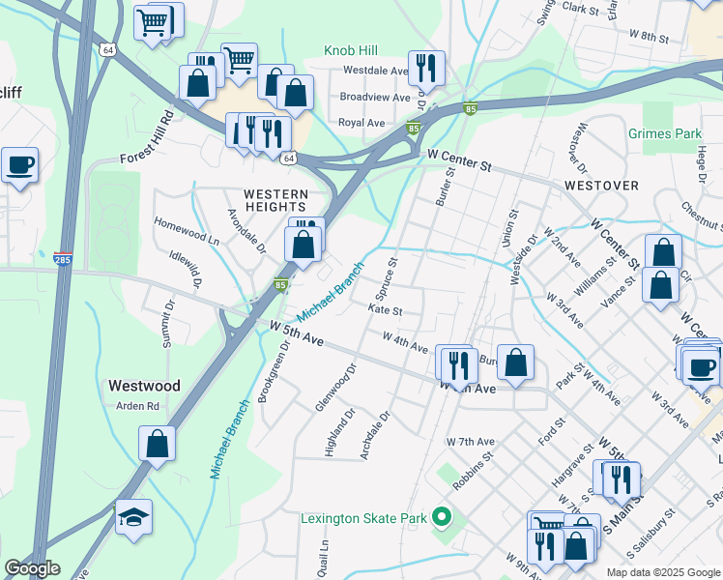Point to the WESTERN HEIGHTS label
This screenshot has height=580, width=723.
pos(275,201)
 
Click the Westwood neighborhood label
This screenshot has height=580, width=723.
pos(144,385)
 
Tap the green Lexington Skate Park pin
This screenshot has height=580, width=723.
pos(442,518)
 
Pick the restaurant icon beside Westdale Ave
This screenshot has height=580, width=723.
pos(426,68)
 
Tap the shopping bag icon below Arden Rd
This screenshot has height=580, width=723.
pos(157,445)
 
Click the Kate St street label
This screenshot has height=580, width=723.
pos(385,310)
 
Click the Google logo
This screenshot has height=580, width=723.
pos(32,568)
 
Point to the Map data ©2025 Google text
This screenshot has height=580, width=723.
pos(662,572)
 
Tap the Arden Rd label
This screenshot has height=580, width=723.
pos(137,406)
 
